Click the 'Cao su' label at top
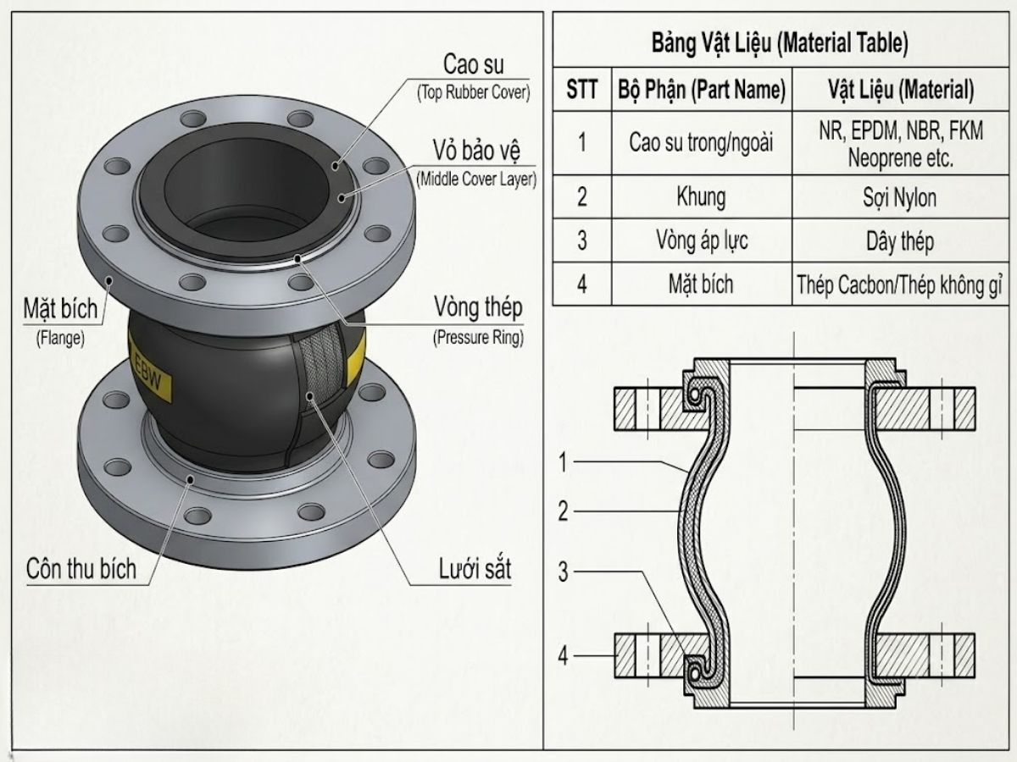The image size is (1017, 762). click(473, 64)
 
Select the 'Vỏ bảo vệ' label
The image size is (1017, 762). click(476, 151)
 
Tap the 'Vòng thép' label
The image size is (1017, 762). click(478, 307)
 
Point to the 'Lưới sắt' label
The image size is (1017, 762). click(475, 569)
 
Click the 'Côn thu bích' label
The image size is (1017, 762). click(81, 569)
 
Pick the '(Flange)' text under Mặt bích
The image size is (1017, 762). click(60, 338)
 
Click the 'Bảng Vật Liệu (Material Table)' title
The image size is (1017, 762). click(780, 43)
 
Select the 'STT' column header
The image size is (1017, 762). click(581, 89)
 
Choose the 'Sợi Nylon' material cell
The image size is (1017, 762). click(899, 197)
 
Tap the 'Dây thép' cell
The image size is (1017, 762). click(900, 241)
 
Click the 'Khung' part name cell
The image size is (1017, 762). click(701, 197)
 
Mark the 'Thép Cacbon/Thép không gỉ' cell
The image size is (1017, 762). click(899, 285)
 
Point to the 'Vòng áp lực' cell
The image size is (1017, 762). click(702, 241)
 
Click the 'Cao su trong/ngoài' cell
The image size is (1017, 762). click(701, 142)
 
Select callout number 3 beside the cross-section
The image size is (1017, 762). click(563, 571)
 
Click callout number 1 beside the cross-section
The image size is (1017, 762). click(563, 462)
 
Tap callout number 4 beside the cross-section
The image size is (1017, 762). click(563, 656)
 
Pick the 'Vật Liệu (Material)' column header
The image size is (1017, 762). click(901, 89)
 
